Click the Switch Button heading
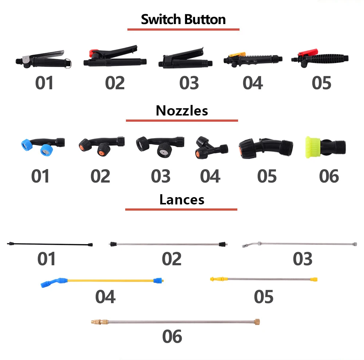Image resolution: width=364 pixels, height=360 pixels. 183,19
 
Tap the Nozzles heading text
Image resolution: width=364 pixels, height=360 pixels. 182,110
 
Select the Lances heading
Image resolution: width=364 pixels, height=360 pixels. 182,199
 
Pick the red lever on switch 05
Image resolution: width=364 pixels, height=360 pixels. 304,54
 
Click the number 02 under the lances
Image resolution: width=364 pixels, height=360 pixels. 172,259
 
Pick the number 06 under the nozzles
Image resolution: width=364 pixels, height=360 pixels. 329,176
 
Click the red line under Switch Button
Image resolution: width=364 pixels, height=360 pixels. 183,29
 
